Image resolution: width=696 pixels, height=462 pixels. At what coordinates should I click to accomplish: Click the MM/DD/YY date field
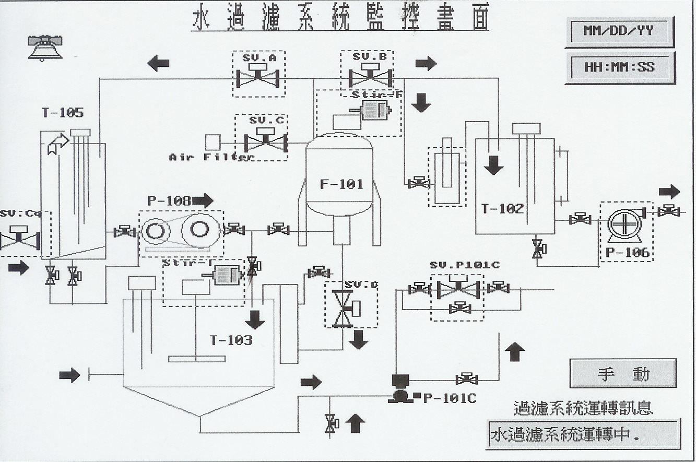[x=619, y=31]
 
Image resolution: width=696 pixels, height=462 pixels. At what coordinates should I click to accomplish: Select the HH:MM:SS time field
[x=619, y=67]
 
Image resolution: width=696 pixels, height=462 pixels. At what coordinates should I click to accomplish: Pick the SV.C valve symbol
[x=266, y=141]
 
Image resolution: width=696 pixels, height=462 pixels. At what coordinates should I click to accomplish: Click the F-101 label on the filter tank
[x=341, y=184]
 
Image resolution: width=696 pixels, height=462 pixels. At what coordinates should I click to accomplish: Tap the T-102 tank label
[x=502, y=209]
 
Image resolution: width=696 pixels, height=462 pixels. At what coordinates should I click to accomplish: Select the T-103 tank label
[x=231, y=340]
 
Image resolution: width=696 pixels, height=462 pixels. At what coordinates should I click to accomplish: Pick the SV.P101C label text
[x=465, y=265]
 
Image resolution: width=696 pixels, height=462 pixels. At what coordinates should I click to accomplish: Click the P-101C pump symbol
[x=401, y=390]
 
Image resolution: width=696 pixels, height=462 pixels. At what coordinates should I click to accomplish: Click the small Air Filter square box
[x=213, y=142]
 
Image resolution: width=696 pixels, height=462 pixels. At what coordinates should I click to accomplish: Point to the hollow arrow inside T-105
[x=58, y=143]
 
